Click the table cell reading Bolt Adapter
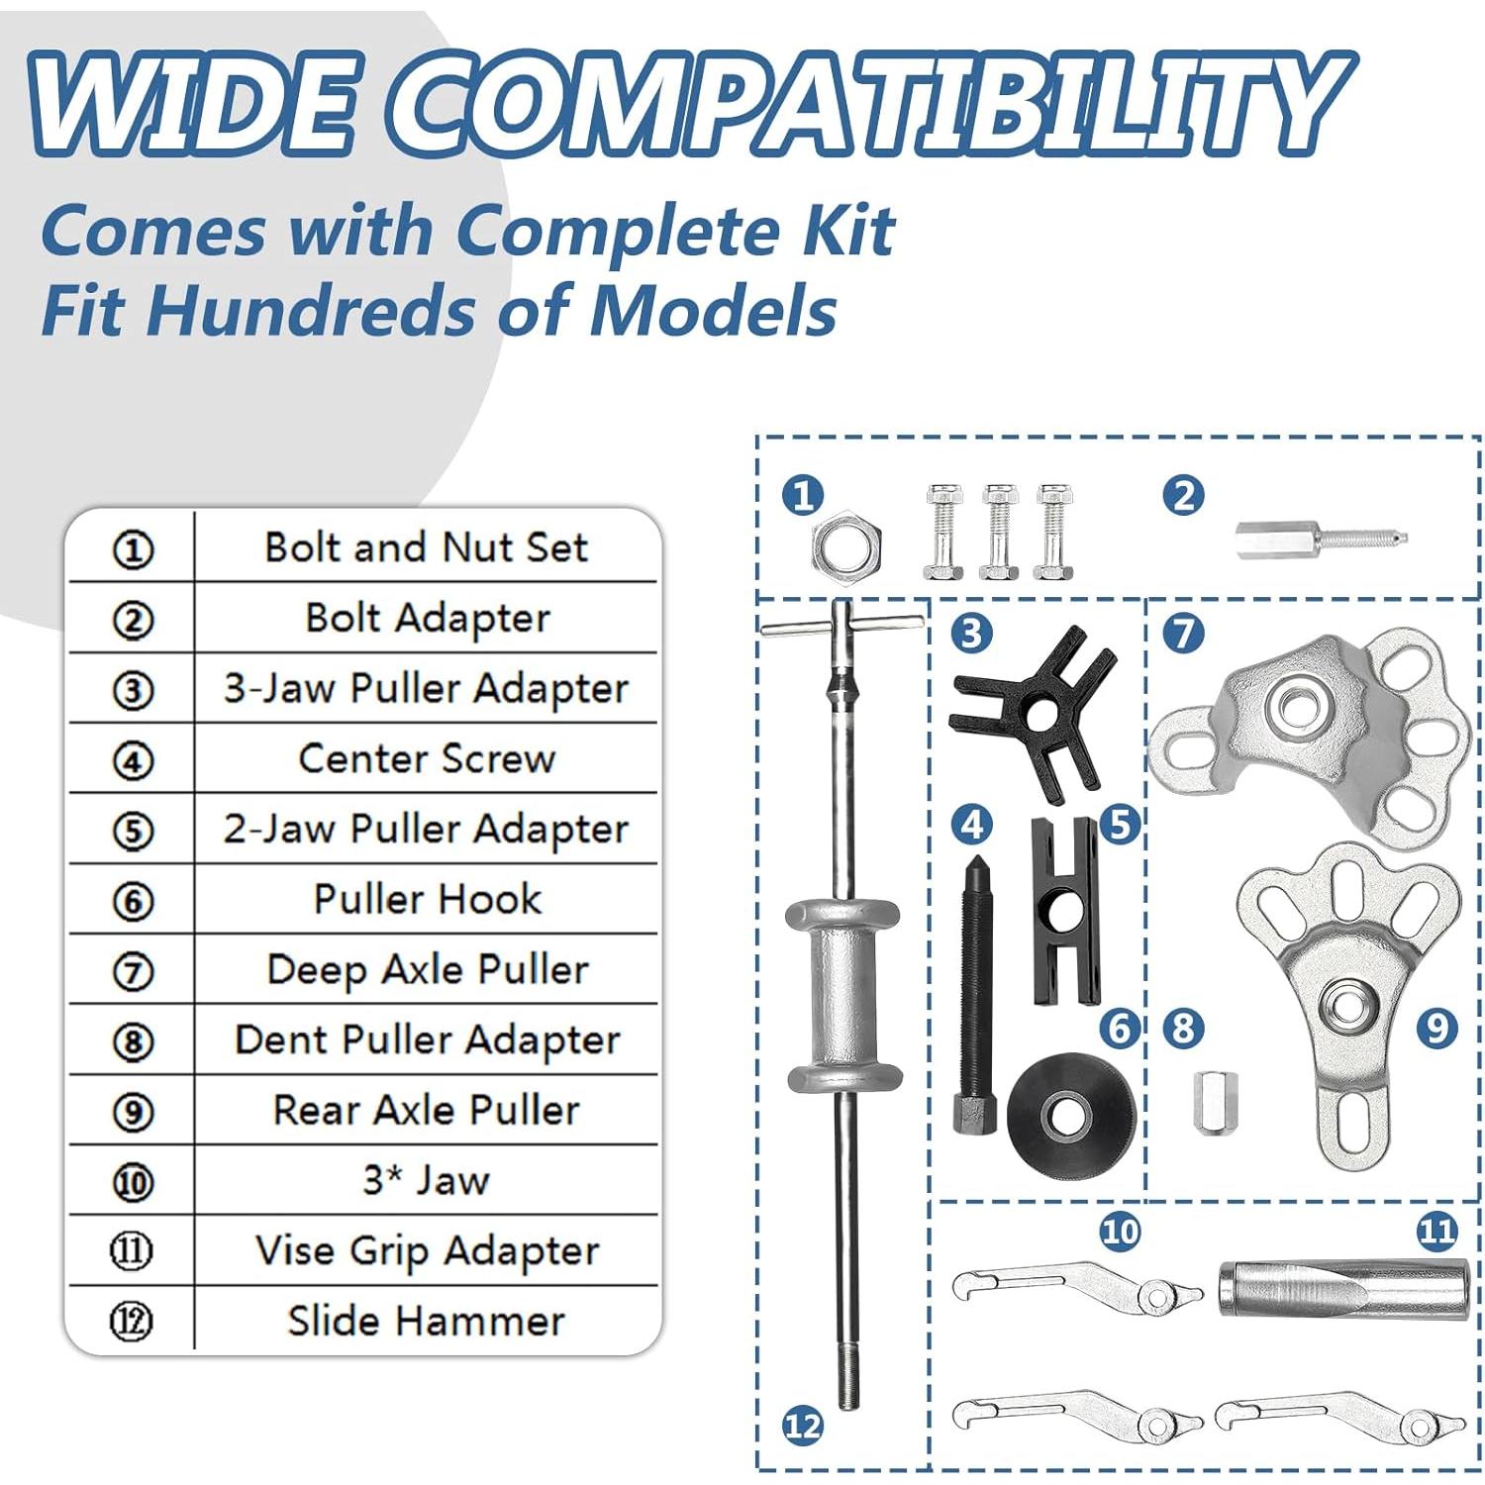pyautogui.click(x=427, y=618)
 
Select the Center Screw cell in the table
pyautogui.click(x=427, y=758)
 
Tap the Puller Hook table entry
pyautogui.click(x=427, y=899)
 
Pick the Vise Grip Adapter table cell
pyautogui.click(x=427, y=1250)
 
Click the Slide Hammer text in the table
pyautogui.click(x=427, y=1321)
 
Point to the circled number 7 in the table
pyautogui.click(x=133, y=971)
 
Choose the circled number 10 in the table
pyautogui.click(x=133, y=1182)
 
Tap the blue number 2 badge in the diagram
pyautogui.click(x=1184, y=495)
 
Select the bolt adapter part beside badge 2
pyautogui.click(x=1321, y=541)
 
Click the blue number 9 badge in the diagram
pyautogui.click(x=1436, y=1029)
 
